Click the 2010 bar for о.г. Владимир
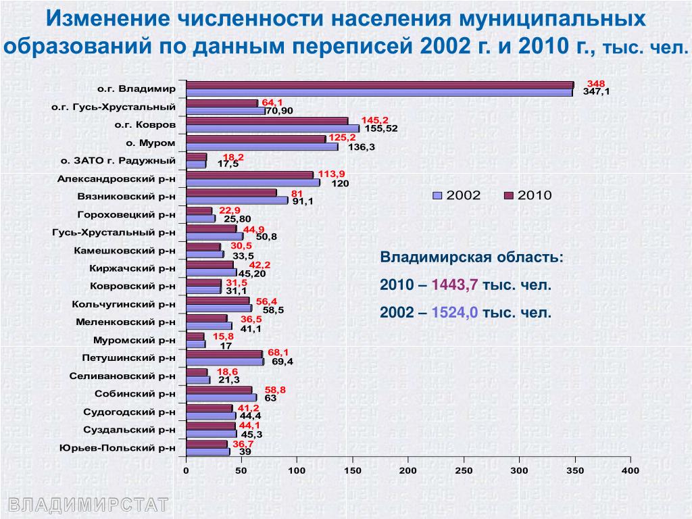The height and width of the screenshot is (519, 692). (x=378, y=85)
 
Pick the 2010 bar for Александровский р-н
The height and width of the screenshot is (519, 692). (x=249, y=175)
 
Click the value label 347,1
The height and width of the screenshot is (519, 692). (x=595, y=92)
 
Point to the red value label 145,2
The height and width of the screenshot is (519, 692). (x=375, y=120)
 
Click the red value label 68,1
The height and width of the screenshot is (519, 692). (x=278, y=353)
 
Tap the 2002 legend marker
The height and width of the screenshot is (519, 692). (x=437, y=195)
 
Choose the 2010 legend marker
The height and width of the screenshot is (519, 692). (x=509, y=195)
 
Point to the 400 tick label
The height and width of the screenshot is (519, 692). (x=630, y=470)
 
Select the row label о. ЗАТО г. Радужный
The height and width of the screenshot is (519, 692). (x=118, y=161)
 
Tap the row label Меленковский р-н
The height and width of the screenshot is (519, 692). (x=126, y=322)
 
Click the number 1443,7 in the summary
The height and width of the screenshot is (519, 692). (x=455, y=285)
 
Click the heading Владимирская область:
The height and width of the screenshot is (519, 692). (x=470, y=258)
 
